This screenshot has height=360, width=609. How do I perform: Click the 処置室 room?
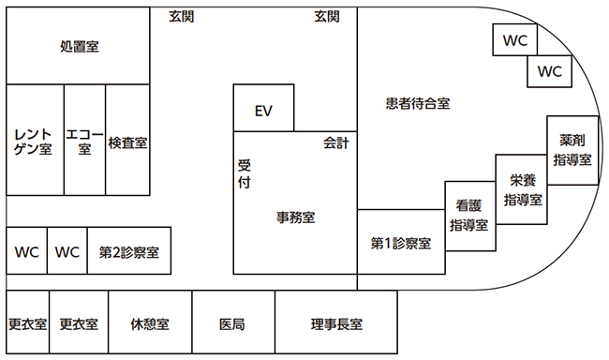click(79, 46)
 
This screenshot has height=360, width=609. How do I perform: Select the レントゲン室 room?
click(34, 141)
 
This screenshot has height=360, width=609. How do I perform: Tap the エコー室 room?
click(84, 141)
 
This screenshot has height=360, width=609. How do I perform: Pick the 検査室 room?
click(127, 142)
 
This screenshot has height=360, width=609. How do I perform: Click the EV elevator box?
click(263, 111)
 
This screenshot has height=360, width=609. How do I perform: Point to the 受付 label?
click(245, 173)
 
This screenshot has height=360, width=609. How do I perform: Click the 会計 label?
click(335, 143)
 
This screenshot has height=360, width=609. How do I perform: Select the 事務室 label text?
click(295, 217)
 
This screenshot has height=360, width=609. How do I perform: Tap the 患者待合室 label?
click(419, 103)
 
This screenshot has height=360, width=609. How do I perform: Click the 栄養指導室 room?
click(522, 189)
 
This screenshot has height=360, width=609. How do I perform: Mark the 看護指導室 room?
click(469, 216)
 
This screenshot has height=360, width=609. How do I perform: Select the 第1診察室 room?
click(401, 243)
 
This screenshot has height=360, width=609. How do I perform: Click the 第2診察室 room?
click(129, 251)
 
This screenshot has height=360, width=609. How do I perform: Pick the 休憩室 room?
click(150, 323)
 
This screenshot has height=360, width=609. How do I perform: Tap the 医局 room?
click(232, 323)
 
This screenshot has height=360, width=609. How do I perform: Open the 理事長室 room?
click(336, 323)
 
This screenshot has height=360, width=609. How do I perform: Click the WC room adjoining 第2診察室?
click(67, 251)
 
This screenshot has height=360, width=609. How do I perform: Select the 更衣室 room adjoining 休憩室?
click(79, 323)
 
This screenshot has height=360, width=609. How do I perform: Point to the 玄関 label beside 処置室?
click(182, 15)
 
